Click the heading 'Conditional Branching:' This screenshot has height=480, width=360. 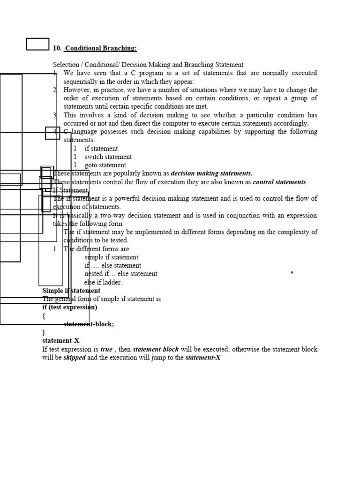tap(101, 48)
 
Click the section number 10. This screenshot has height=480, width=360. tap(57, 48)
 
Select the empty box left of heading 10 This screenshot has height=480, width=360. tap(37, 44)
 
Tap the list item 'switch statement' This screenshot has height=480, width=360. tap(108, 157)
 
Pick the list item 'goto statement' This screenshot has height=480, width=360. tap(105, 165)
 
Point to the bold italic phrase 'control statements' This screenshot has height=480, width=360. tap(279, 182)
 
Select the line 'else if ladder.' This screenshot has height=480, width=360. tap(103, 283)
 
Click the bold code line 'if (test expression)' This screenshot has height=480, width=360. tap(70, 307)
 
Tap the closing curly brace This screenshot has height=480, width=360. tap(44, 332)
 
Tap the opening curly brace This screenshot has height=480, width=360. tap(44, 316)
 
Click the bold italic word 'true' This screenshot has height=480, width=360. tap(106, 350)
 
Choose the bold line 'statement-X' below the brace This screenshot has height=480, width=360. tap(61, 341)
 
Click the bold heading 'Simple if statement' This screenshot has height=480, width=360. tap(71, 291)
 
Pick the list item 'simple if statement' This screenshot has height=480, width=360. tap(112, 257)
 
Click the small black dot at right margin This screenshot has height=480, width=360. tap(292, 272)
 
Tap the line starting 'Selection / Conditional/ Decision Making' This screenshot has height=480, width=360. tap(148, 65)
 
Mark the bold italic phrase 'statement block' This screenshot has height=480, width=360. tap(156, 350)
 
